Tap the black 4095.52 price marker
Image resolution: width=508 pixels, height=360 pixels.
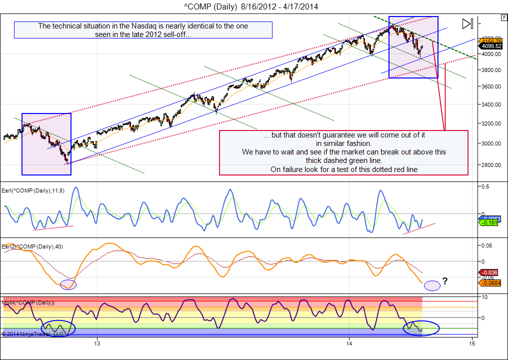coord(492,46)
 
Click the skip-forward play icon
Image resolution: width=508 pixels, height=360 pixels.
coord(467,23)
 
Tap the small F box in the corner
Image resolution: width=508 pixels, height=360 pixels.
coord(503,17)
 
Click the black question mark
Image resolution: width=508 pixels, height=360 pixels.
coord(445,281)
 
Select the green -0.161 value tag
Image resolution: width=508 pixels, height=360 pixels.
coord(490,222)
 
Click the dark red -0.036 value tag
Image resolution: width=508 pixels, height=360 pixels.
coord(489,272)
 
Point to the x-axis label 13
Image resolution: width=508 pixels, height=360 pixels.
coord(98,343)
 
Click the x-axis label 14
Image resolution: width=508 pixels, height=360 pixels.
coord(349,343)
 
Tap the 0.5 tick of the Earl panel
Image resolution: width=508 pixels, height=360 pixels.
coord(484,186)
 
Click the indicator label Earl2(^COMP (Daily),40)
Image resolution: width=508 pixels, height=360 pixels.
coord(32,246)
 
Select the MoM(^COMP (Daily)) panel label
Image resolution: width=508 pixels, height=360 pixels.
coord(28,302)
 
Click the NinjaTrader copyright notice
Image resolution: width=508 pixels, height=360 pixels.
coord(32,333)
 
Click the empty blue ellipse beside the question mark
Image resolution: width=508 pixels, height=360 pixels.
coord(432,285)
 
